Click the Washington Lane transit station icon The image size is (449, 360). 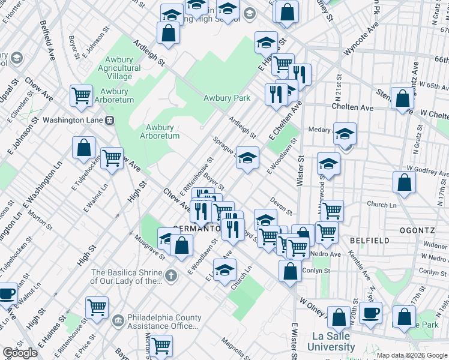click(x=109, y=120)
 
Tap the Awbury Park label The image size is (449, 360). click(x=226, y=98)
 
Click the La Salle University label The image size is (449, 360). click(x=331, y=342)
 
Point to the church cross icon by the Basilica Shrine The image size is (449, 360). click(x=171, y=276)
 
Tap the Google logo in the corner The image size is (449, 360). click(x=20, y=353)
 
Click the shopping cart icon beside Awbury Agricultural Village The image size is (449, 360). click(x=81, y=95)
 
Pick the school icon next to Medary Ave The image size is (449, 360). click(x=345, y=133)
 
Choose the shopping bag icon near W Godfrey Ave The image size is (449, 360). click(x=405, y=182)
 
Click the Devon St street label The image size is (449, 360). click(x=280, y=205)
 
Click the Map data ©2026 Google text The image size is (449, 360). click(x=412, y=355)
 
